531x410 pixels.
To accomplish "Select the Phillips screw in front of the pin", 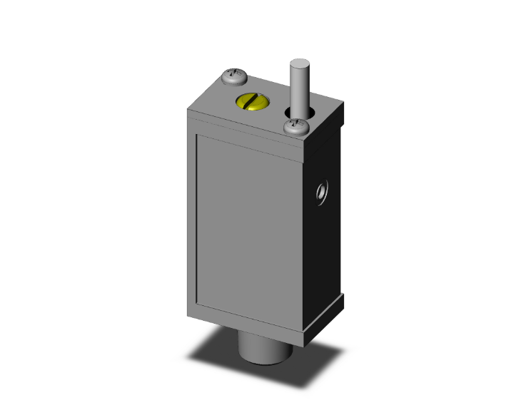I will pyautogui.click(x=295, y=128).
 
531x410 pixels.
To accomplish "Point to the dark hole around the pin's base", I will pyautogui.click(x=288, y=113).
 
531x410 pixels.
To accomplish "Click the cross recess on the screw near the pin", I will pyautogui.click(x=295, y=125).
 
